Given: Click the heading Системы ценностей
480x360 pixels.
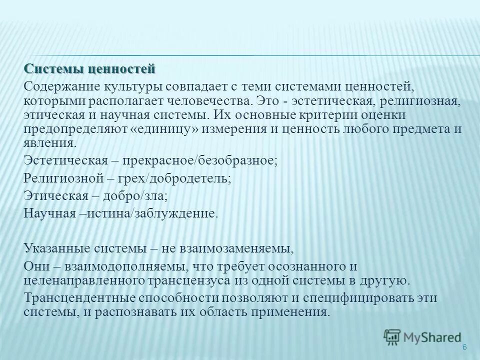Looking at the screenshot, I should pyautogui.click(x=90, y=68).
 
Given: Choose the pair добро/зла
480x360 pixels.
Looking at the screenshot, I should pyautogui.click(x=132, y=195).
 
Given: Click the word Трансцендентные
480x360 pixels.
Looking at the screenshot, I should pyautogui.click(x=79, y=298).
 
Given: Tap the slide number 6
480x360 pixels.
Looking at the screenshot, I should pyautogui.click(x=464, y=347).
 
